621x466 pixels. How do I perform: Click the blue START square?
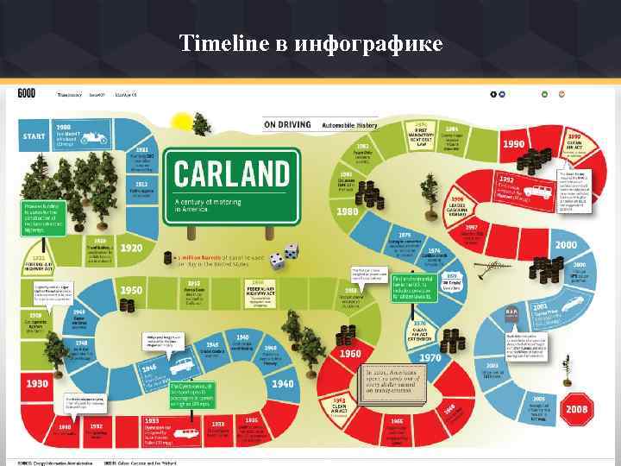click(34, 136)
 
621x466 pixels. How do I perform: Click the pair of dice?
click(285, 256)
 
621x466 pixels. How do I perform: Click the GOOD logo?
click(26, 93)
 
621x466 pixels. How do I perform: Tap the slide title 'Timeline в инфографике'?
click(310, 42)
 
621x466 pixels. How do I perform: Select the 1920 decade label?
click(131, 248)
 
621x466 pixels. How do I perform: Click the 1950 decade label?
click(131, 290)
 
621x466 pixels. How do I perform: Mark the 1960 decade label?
click(350, 354)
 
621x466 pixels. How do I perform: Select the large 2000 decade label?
click(566, 245)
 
